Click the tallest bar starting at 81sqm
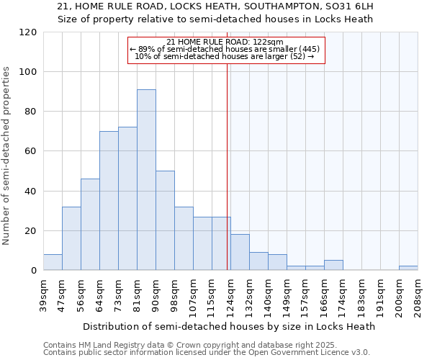(x=146, y=180)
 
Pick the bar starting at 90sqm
(x=165, y=220)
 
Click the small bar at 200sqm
(x=408, y=269)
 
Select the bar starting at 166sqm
(x=333, y=266)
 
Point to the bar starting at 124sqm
(x=240, y=253)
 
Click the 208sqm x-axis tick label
(x=418, y=294)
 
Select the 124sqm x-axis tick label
(x=231, y=294)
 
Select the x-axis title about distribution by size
(x=229, y=326)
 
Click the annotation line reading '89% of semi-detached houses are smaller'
(x=226, y=49)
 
